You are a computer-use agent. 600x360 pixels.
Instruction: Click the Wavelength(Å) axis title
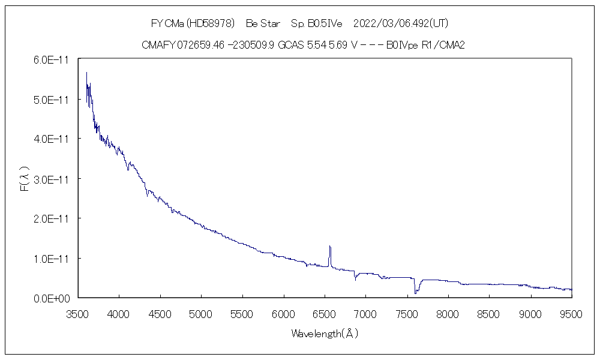[324, 333]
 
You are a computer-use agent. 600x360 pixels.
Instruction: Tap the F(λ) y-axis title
[24, 179]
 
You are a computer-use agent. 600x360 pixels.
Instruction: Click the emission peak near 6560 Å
[329, 246]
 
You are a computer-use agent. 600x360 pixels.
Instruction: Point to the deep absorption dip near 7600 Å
[415, 293]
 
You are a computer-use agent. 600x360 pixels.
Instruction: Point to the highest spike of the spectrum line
[86, 73]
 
